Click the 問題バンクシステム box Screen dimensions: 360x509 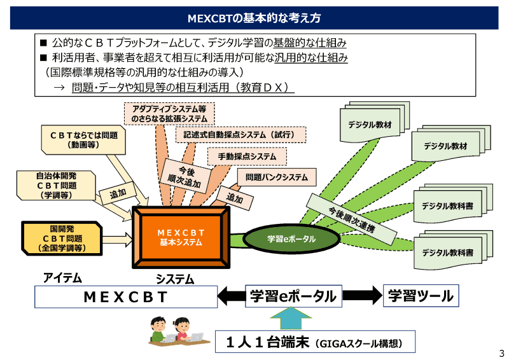[x=276, y=177]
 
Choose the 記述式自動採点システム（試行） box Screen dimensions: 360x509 [x=240, y=135]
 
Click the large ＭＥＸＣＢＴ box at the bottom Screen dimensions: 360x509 [x=125, y=296]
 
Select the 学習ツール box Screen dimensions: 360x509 [x=421, y=296]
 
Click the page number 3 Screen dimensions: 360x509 [x=501, y=353]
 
